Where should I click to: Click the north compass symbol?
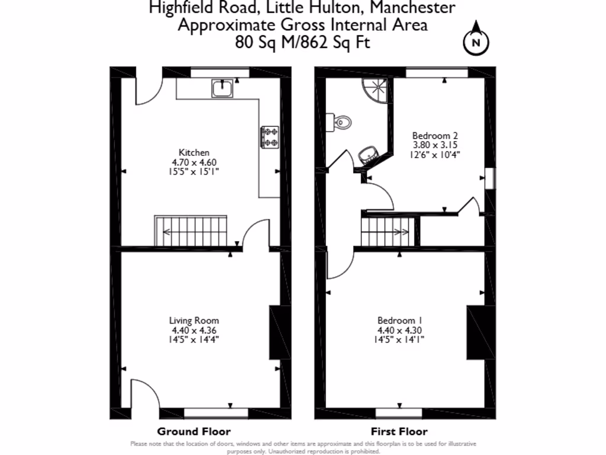pos(476,41)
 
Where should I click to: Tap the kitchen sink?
pos(223,88)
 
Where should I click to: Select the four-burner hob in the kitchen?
pos(270,136)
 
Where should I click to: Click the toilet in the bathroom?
pos(341,122)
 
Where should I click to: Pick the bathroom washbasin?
pos(369,155)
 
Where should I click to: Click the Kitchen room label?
pos(194,152)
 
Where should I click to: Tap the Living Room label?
pos(194,321)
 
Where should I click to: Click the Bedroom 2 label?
pos(435,134)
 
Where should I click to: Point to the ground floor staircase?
pos(191,231)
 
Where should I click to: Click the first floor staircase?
pos(386,230)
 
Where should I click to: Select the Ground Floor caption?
pos(194,431)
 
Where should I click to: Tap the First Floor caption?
pos(399,431)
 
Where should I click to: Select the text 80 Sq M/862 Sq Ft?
pos(302,43)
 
